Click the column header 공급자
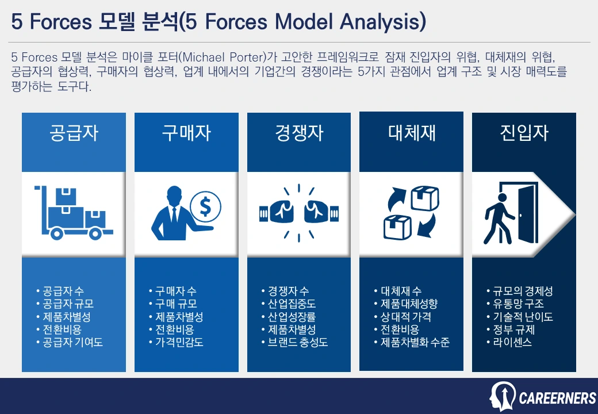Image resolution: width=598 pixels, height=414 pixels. click(74, 133)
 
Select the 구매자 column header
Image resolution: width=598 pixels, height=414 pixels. click(186, 133)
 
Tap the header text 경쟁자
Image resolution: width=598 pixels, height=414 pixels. click(299, 133)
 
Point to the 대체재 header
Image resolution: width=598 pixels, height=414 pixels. click(412, 133)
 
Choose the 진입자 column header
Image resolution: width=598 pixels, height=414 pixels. click(524, 133)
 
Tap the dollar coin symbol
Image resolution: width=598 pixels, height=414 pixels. click(206, 206)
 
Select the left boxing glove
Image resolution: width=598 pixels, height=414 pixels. click(277, 212)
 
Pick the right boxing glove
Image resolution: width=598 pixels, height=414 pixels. click(321, 212)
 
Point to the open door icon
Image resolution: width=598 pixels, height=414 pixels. click(524, 212)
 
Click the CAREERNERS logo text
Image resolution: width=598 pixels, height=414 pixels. click(557, 398)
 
